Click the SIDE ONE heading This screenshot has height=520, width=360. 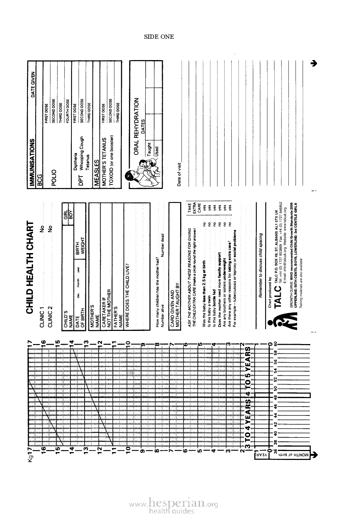click(x=159, y=37)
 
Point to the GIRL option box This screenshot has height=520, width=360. click(x=65, y=208)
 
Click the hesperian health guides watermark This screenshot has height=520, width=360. click(x=173, y=505)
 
